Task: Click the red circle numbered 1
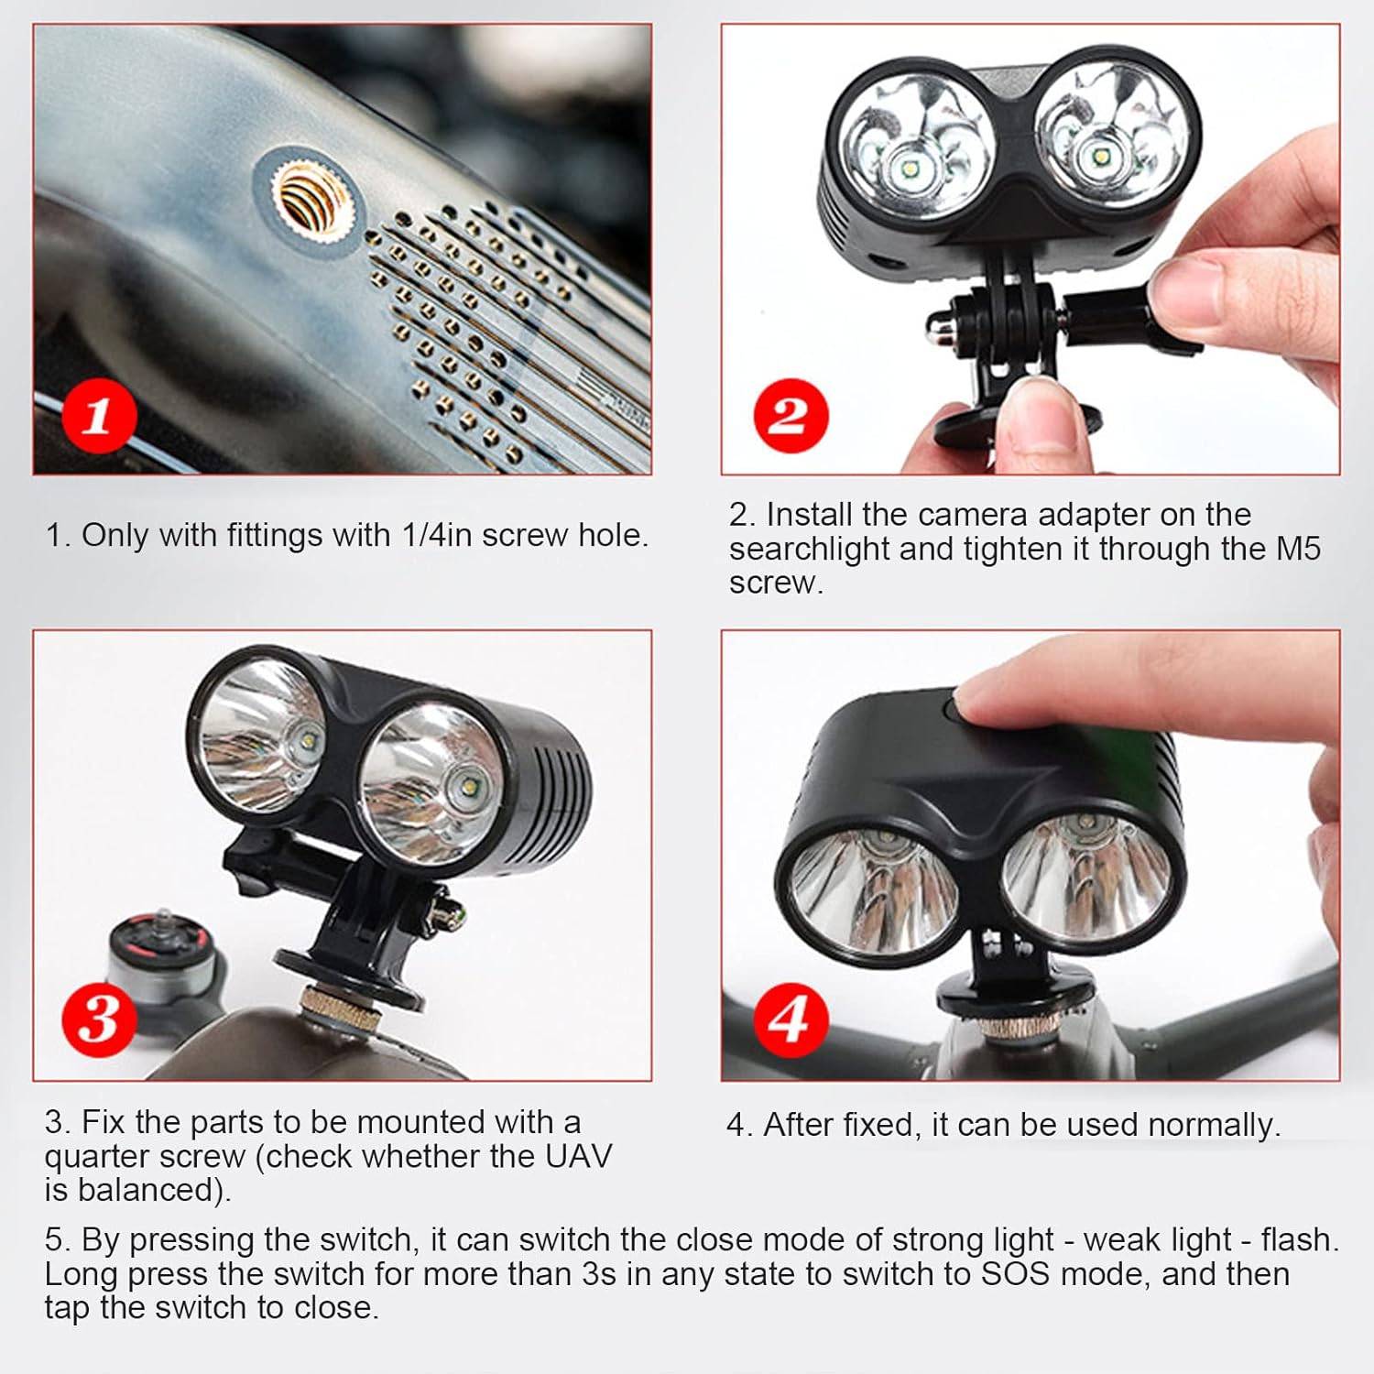99,417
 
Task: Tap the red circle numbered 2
791,415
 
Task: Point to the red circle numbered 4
789,1019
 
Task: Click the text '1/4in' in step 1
436,535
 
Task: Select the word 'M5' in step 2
1298,549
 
